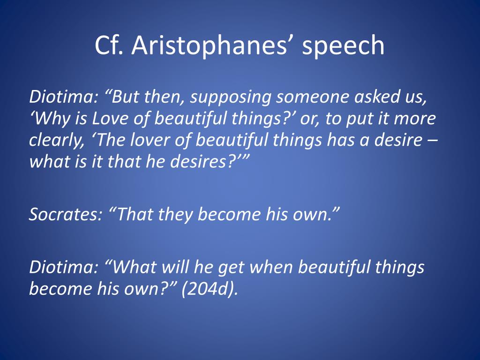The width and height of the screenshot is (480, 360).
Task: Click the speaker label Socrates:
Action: [65, 214]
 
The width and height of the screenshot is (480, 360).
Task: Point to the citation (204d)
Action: [210, 288]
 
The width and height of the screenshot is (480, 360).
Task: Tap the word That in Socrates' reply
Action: [133, 214]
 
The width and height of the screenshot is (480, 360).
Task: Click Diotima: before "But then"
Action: [63, 97]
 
